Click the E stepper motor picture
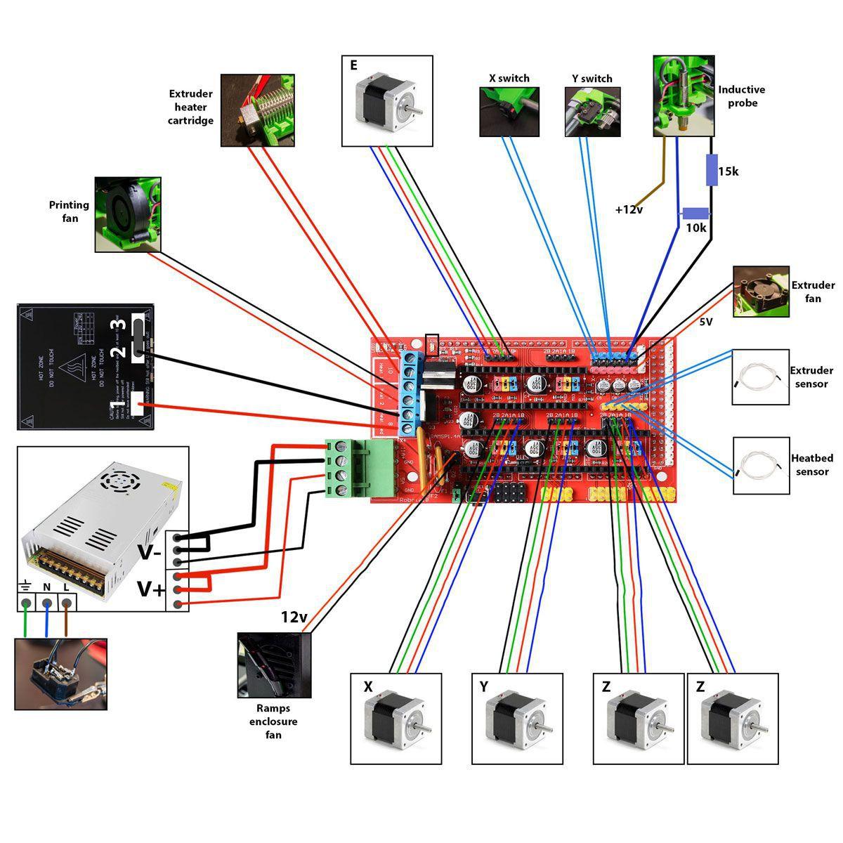tap(387, 101)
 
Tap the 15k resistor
tap(712, 170)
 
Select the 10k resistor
tap(695, 214)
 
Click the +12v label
tap(629, 209)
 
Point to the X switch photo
tap(509, 112)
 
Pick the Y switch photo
tap(592, 112)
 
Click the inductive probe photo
tap(684, 96)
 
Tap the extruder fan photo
tap(760, 292)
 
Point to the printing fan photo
tap(128, 214)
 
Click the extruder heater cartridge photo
tap(258, 110)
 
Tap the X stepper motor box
tap(396, 719)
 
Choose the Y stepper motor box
tap(518, 719)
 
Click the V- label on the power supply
tap(149, 552)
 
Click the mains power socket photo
tap(61, 674)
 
